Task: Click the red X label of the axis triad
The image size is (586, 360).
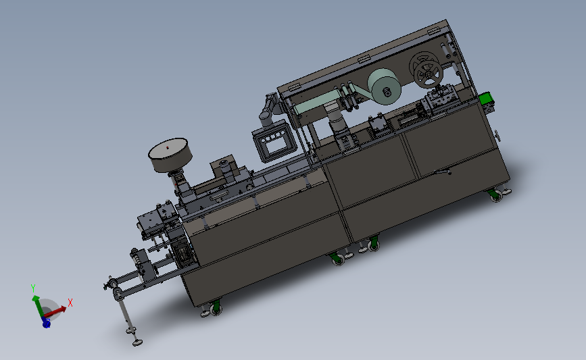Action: pos(70,302)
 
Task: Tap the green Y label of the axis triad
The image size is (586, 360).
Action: pos(33,288)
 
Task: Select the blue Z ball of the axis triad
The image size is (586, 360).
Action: pos(47,323)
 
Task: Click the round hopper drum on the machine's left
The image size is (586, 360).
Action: pos(170,155)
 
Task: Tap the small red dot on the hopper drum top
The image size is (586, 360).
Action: pos(168,147)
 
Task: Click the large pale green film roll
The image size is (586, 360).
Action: pos(384,87)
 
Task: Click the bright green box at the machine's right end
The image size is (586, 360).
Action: pos(486,99)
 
